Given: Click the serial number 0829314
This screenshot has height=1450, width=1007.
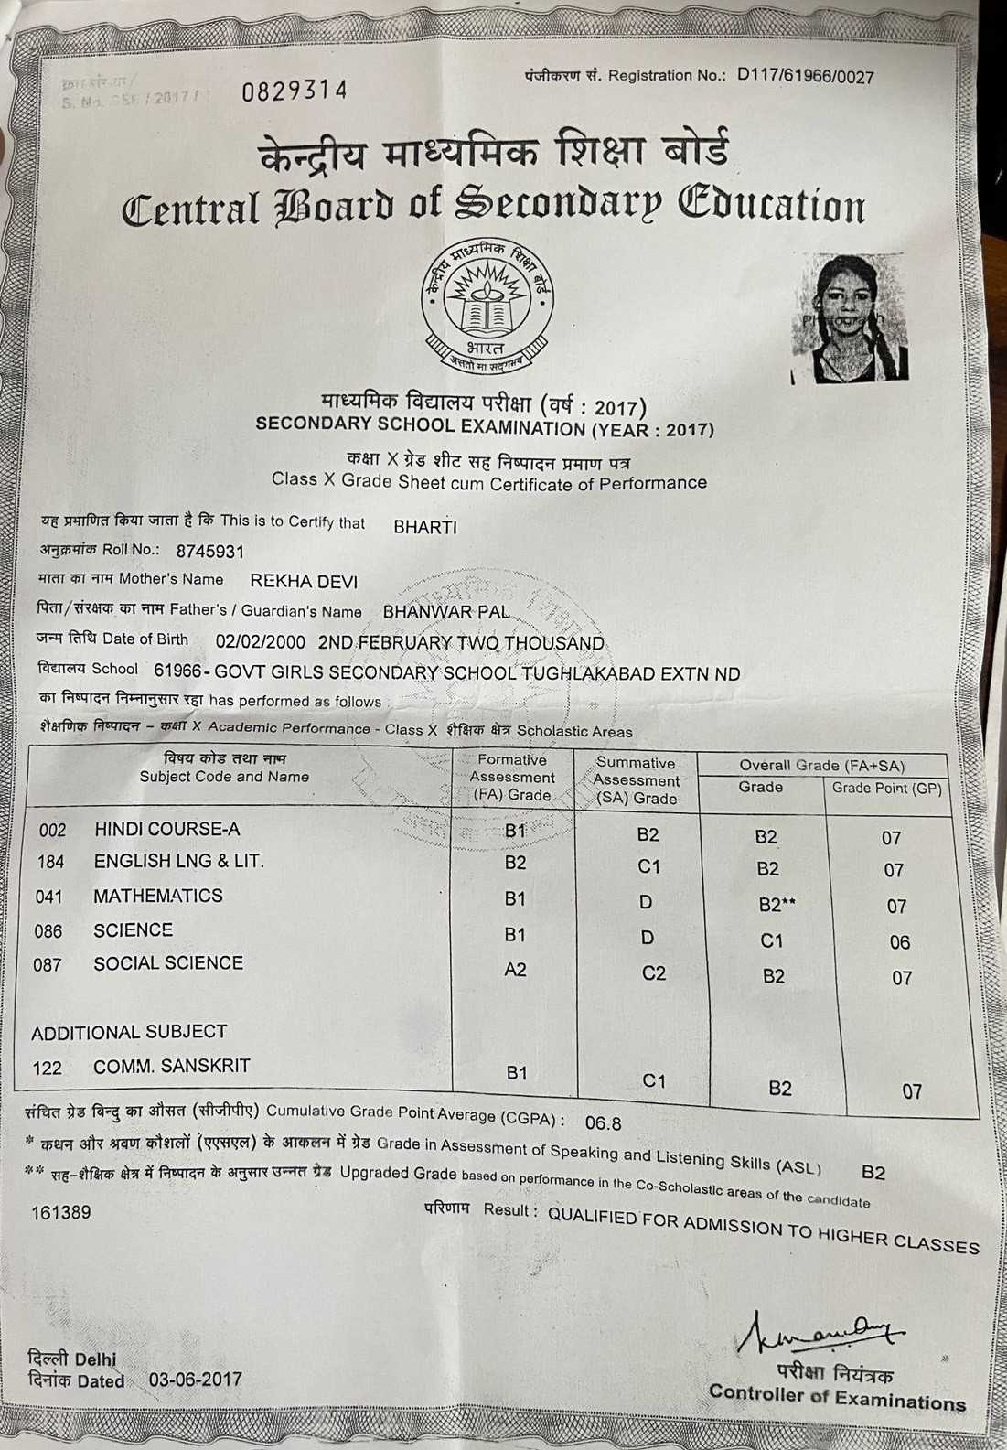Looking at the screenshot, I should tap(295, 91).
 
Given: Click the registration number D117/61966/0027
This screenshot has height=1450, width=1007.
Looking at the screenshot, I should tap(805, 76).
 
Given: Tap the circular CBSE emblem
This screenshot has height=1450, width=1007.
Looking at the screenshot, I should tap(487, 304).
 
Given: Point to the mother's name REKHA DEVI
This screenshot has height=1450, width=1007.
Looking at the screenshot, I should tap(304, 582).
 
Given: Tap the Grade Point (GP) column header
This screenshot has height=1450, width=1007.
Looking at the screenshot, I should tap(885, 789).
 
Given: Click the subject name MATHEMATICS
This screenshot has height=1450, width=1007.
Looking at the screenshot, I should tap(157, 897).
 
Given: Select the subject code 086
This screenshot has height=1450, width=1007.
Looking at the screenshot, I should tap(48, 932).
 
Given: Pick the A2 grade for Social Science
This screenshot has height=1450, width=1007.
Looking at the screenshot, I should tap(515, 970).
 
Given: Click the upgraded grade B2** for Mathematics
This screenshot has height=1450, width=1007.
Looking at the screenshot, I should tap(777, 905).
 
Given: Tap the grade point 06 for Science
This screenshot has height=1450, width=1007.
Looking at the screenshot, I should tap(899, 942).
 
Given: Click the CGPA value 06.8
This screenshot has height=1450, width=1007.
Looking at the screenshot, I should tap(603, 1122).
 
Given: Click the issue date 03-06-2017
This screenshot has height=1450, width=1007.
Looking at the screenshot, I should tap(196, 1380).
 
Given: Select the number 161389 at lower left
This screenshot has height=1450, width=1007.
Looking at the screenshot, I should tap(61, 1213).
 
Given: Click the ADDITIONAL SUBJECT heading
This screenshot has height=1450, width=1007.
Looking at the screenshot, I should tap(129, 1032).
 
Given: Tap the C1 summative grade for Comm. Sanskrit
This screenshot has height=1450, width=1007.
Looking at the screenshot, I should tap(653, 1081).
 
